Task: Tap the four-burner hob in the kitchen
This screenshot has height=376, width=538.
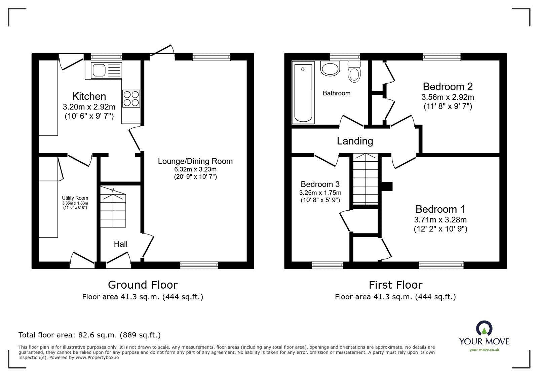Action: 131,98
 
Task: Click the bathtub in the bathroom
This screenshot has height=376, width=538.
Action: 303,92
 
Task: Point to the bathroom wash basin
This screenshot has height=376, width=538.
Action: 330,69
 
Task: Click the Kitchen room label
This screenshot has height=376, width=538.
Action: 89,96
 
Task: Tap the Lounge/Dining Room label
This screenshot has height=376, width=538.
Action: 195,161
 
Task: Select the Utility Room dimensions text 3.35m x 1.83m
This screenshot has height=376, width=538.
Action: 75,203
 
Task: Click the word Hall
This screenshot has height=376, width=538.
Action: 120,244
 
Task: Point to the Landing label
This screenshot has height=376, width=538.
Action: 355,141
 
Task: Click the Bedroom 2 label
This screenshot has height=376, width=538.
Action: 448,87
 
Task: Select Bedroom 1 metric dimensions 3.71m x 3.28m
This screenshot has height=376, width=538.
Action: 440,220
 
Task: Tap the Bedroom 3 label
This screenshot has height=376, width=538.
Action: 320,184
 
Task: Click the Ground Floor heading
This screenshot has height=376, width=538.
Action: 143,285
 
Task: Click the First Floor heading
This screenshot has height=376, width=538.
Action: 395,285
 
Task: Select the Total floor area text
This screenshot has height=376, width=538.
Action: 89,335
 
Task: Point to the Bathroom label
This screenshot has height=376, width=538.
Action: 336,93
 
